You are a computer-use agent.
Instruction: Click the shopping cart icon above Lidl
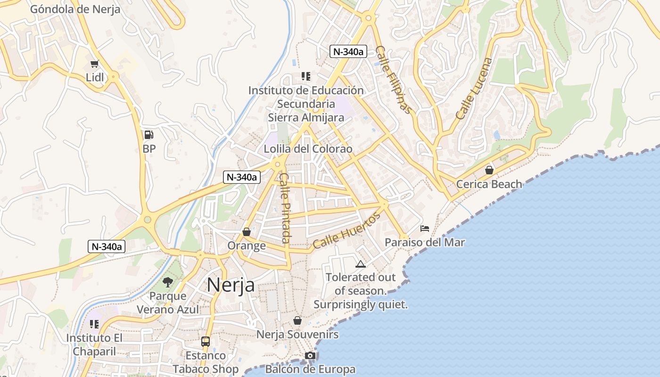click(x=94, y=64)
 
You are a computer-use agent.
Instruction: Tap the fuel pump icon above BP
click(x=148, y=135)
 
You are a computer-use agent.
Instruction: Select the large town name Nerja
click(x=231, y=285)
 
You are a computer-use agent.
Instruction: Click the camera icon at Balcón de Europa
click(x=310, y=355)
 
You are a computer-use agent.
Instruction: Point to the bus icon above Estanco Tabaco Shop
click(x=206, y=341)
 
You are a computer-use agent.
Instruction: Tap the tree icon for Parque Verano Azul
click(x=167, y=282)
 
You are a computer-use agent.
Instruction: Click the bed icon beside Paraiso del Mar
click(x=424, y=229)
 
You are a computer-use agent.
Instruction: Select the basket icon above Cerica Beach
click(x=489, y=170)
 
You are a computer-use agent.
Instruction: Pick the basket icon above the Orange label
click(x=246, y=232)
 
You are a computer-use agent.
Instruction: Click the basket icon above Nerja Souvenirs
click(x=297, y=320)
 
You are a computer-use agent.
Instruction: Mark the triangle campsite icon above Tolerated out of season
click(x=361, y=264)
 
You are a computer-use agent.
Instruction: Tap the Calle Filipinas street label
click(x=394, y=80)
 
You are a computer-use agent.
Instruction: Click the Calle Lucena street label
click(x=474, y=88)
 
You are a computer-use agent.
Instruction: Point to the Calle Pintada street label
click(x=285, y=208)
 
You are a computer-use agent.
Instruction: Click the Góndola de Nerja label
click(x=75, y=9)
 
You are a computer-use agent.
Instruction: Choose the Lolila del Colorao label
click(x=308, y=149)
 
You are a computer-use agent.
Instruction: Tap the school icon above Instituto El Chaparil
click(x=94, y=324)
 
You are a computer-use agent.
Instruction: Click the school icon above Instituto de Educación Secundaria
click(x=306, y=76)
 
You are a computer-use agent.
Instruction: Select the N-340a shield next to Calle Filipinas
click(x=348, y=52)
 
